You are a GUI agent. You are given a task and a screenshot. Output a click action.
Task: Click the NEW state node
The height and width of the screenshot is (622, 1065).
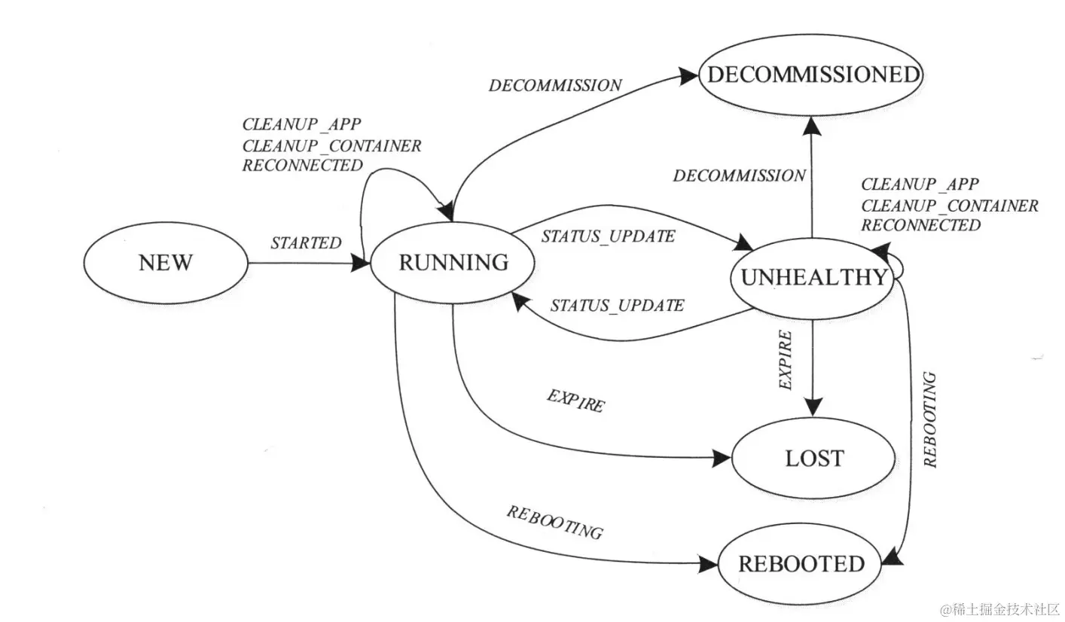point(165,263)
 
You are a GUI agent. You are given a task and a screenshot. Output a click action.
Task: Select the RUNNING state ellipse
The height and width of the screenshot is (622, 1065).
point(453,263)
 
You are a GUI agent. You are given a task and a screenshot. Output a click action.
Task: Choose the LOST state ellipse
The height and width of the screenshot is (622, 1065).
point(814,459)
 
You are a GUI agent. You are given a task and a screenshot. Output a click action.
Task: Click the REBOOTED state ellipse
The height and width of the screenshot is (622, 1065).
point(801,564)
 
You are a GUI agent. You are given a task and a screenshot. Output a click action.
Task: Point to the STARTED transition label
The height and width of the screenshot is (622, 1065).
point(306,243)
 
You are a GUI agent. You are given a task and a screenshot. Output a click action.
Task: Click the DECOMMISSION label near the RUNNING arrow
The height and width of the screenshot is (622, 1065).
point(555,85)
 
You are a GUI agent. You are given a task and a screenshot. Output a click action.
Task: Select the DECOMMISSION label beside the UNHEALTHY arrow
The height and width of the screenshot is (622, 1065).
point(739,176)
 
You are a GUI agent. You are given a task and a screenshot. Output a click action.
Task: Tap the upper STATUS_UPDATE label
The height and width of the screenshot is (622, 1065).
point(608,236)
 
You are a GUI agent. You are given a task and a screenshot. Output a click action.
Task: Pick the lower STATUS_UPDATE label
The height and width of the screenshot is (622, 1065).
point(617,306)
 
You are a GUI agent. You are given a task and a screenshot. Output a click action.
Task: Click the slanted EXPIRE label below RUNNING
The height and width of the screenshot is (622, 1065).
point(575,401)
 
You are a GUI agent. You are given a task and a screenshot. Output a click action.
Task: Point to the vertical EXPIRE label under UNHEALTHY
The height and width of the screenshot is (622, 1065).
point(786,359)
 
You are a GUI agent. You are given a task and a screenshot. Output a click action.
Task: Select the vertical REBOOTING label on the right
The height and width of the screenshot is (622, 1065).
point(931,419)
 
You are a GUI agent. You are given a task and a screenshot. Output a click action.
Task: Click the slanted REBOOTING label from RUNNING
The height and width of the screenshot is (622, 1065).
point(554,522)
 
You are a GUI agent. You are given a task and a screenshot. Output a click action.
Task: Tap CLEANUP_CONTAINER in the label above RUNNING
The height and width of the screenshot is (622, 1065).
point(331,145)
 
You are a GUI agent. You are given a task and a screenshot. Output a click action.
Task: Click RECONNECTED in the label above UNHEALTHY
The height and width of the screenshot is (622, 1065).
point(920,225)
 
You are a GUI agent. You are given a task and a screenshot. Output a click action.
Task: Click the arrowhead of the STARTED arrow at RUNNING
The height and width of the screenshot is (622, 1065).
point(360,263)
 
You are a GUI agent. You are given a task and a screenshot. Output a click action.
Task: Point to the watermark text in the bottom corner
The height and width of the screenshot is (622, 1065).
point(999,608)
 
